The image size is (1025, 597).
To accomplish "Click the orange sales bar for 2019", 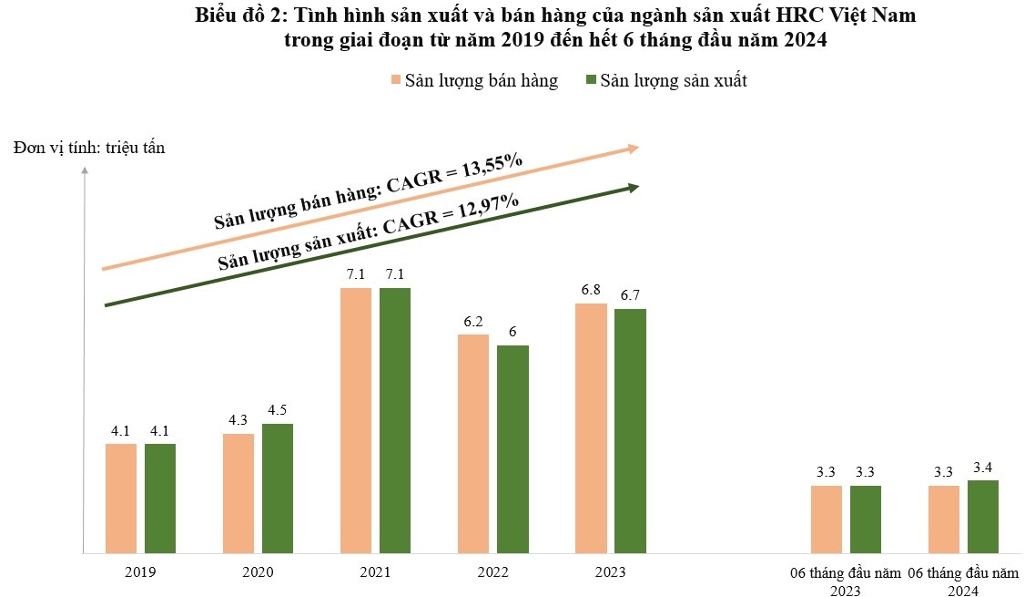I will [x=120, y=498].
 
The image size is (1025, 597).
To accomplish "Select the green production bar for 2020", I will [x=278, y=488].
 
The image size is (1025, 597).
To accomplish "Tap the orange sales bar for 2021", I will [x=355, y=420].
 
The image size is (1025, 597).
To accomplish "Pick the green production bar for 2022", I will [x=512, y=448].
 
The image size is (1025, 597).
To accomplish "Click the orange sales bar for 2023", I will [x=591, y=427].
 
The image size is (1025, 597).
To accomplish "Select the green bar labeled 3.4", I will [x=982, y=516].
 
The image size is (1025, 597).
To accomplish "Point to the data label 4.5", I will [x=278, y=409].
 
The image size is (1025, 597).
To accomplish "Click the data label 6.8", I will [x=591, y=289].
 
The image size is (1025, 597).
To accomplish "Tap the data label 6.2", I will [x=473, y=320].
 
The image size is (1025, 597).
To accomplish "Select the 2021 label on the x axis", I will [x=375, y=572].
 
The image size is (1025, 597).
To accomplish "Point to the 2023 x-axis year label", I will [x=610, y=572].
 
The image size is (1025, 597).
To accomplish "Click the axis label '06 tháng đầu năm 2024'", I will [x=963, y=581].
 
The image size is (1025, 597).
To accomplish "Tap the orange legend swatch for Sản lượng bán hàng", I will [x=396, y=80].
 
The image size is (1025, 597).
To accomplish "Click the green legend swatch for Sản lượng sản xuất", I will [x=590, y=80].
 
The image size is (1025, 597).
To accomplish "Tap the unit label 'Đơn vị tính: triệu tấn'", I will [x=89, y=149].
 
